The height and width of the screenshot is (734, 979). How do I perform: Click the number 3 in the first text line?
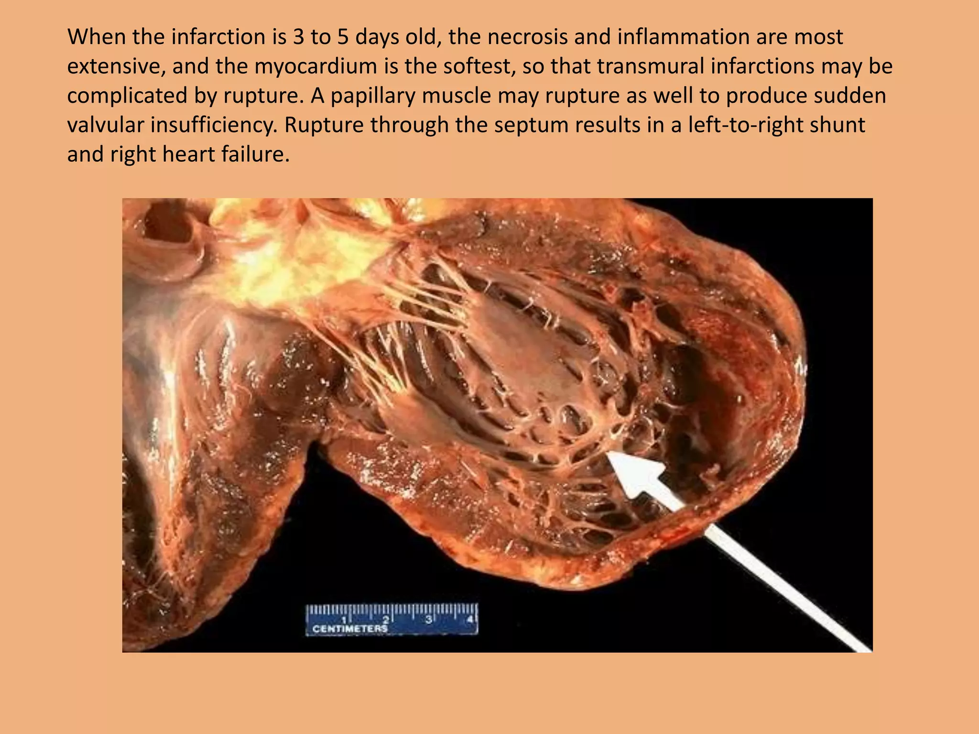pos(298,37)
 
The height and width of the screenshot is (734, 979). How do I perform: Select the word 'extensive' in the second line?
pos(115,66)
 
